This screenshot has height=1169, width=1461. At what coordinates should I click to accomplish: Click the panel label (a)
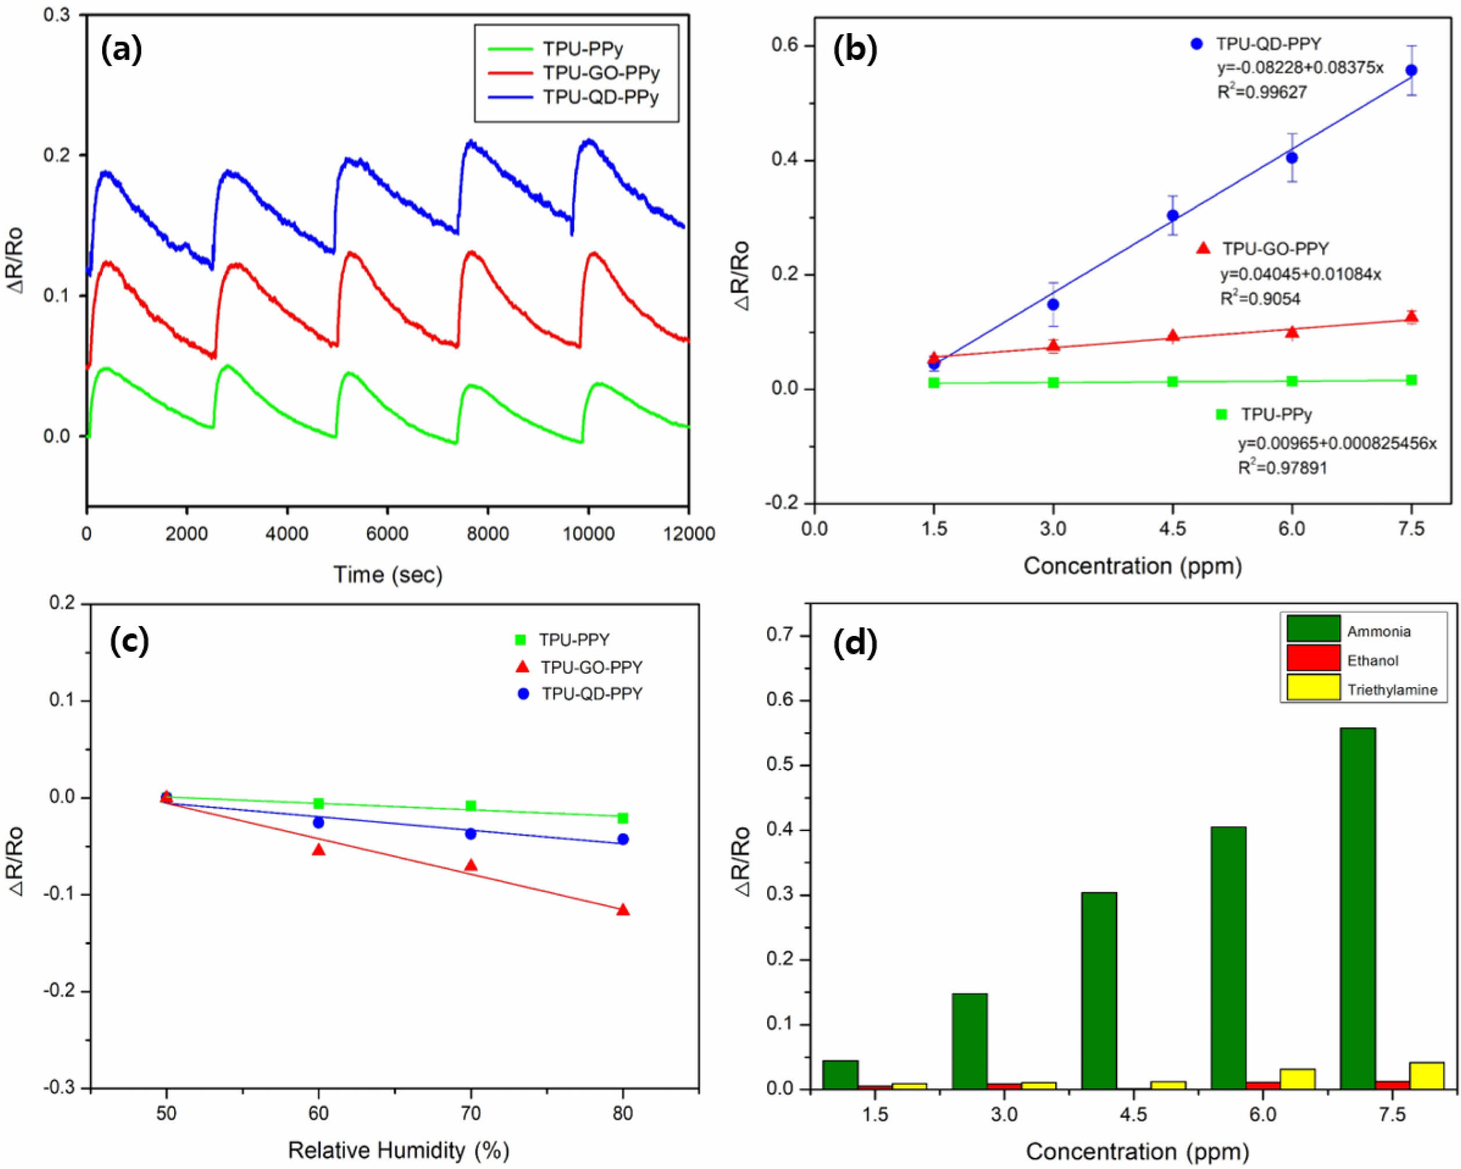tap(121, 52)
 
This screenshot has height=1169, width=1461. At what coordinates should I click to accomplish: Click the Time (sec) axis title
tap(388, 575)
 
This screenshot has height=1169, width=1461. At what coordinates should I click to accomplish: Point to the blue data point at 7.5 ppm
tap(1412, 70)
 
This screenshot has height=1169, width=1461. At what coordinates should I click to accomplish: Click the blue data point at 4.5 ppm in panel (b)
tap(1172, 215)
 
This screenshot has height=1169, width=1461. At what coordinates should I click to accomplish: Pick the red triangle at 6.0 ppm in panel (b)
tap(1292, 332)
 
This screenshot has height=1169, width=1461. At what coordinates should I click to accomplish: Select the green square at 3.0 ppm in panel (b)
tap(1053, 382)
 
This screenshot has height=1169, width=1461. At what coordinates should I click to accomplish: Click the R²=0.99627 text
tap(1262, 92)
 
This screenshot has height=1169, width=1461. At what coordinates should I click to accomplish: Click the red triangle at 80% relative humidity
tap(624, 909)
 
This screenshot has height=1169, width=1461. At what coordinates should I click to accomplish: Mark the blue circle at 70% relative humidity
tap(471, 833)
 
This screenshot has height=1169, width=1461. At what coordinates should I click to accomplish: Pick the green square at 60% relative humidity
tap(318, 803)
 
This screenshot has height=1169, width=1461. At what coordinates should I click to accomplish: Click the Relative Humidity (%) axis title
tap(398, 1150)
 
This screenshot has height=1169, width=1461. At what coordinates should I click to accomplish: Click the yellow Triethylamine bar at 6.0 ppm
tap(1297, 1080)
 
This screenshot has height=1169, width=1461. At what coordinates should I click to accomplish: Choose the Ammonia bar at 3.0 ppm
tap(969, 1042)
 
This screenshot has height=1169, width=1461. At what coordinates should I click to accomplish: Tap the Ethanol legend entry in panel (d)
tap(1372, 660)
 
